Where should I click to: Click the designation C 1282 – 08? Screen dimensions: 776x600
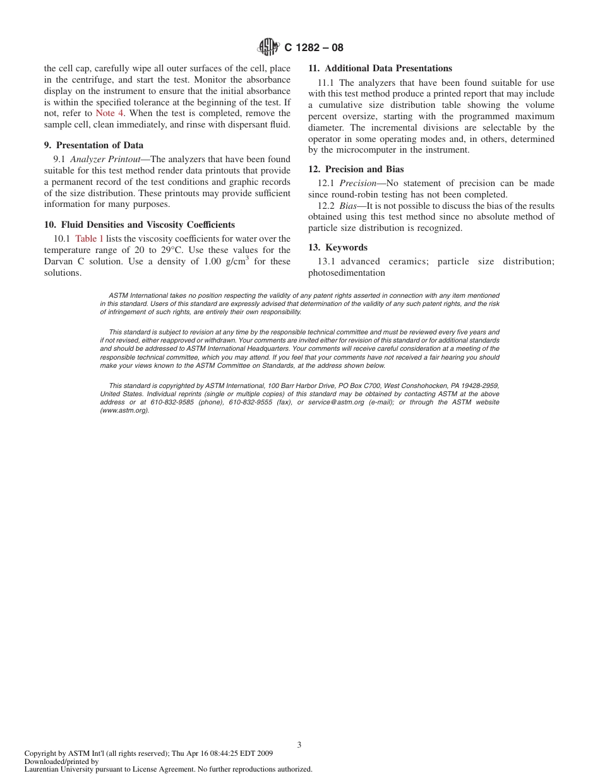(x=314, y=47)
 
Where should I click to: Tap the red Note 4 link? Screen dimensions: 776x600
(x=110, y=114)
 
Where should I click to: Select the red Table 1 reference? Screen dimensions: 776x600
(x=89, y=239)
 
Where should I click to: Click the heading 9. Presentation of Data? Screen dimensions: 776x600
(x=93, y=146)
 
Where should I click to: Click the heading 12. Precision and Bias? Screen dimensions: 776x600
(x=356, y=170)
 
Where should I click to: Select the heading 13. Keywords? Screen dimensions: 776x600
(x=337, y=248)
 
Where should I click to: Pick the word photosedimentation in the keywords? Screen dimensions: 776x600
(x=346, y=273)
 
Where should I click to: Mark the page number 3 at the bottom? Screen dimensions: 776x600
(x=299, y=745)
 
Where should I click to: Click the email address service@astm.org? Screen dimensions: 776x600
(x=336, y=403)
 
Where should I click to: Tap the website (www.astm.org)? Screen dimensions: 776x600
(x=124, y=410)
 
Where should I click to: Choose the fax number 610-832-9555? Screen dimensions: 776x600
(x=249, y=403)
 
